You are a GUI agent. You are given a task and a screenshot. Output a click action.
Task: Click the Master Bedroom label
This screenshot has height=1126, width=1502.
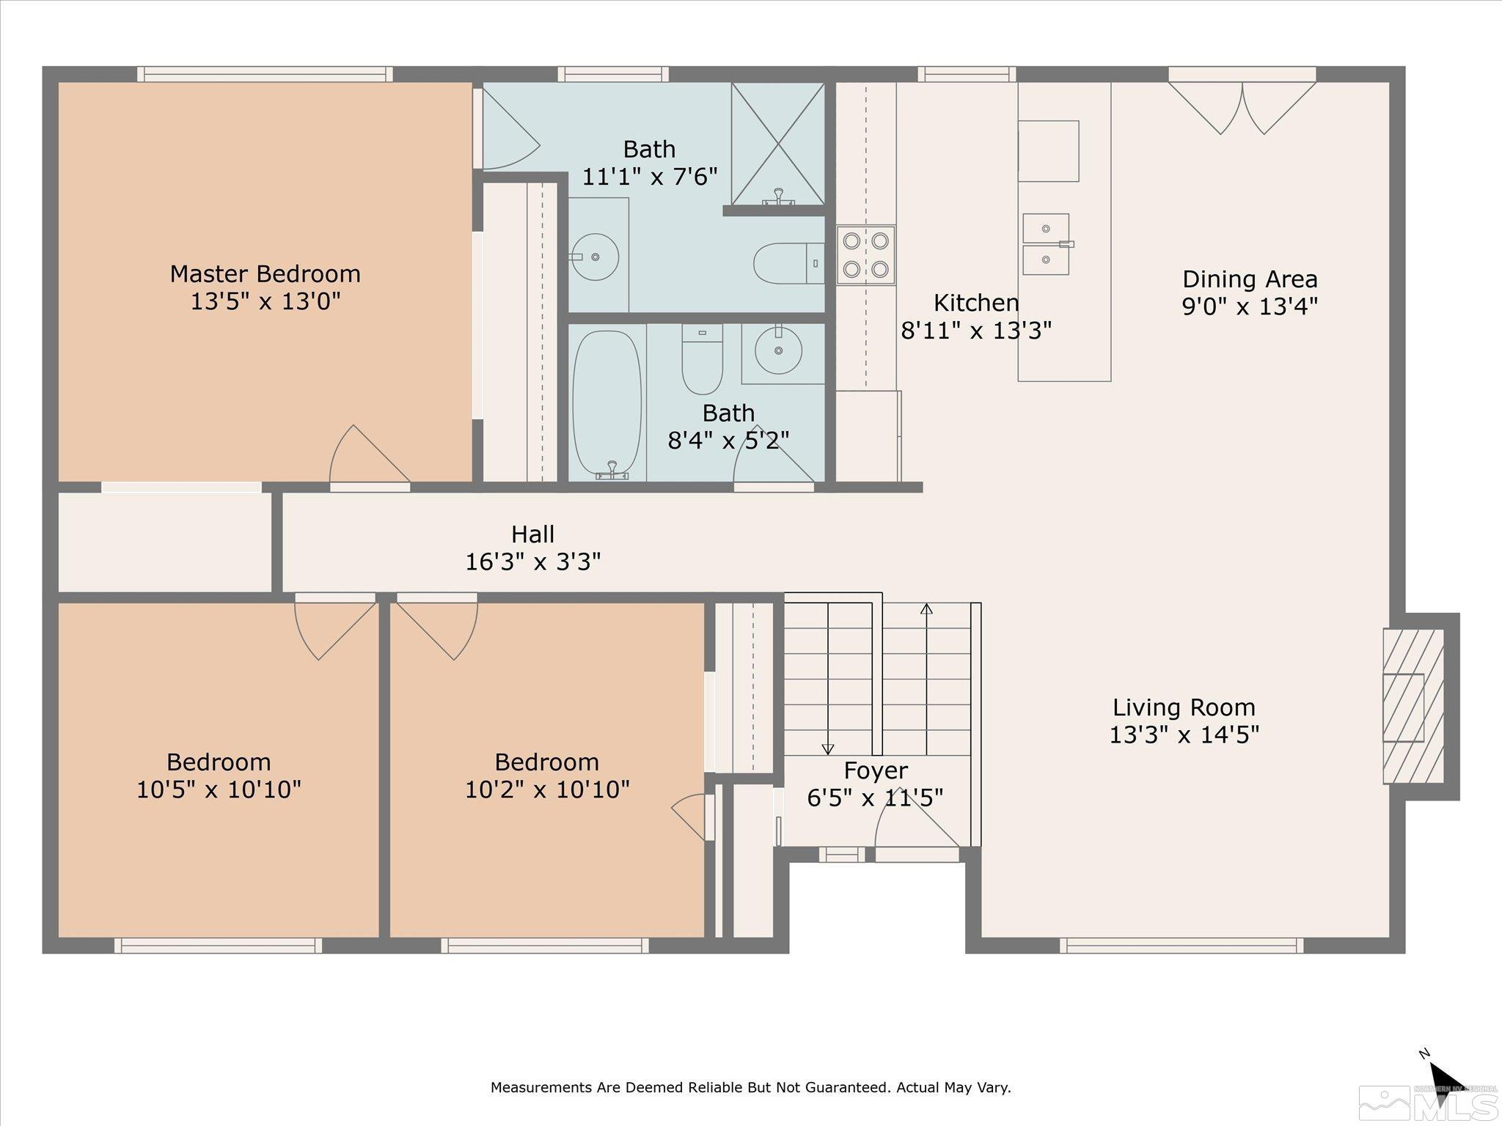(265, 274)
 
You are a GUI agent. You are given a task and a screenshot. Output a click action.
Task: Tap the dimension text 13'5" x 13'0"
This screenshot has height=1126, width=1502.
(265, 301)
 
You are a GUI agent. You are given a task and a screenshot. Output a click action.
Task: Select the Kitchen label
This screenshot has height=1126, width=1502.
(976, 303)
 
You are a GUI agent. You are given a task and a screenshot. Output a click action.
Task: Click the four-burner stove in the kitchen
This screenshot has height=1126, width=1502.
(865, 254)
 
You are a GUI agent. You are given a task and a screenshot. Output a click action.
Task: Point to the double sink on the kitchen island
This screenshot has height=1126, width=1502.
(1047, 243)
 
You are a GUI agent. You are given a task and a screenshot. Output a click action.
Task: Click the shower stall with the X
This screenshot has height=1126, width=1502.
(778, 144)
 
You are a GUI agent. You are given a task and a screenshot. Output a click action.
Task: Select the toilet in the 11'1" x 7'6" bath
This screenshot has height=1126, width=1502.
(789, 263)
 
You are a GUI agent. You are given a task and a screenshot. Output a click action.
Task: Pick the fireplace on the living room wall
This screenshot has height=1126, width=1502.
(1413, 706)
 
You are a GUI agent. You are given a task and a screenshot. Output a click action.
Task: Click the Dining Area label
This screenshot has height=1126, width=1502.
(1250, 279)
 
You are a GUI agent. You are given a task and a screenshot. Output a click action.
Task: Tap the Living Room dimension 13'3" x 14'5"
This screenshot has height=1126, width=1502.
(1184, 735)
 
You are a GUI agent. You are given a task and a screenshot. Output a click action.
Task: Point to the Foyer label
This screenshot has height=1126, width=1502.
(876, 770)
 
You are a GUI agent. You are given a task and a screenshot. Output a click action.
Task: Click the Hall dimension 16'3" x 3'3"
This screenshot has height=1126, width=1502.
(533, 562)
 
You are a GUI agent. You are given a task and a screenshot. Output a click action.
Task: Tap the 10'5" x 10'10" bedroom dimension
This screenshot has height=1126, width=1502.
(219, 790)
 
